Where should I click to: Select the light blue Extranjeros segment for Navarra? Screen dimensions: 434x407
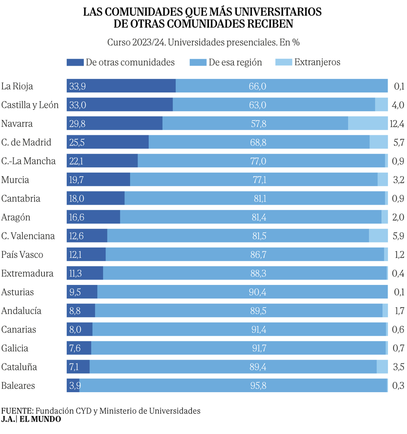[x=368, y=124]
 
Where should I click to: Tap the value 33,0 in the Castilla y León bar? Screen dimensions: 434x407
[x=78, y=105]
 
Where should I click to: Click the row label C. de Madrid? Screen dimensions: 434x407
[x=26, y=142]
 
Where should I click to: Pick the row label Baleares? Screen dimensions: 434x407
[x=18, y=386]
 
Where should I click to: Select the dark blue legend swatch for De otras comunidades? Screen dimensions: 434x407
[x=74, y=62]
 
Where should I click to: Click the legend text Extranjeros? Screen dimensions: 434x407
[x=317, y=62]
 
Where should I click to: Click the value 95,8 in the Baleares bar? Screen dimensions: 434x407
[x=258, y=386]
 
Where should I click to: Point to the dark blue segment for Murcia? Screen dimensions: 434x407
[x=98, y=180]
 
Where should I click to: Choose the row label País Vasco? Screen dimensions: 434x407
[x=22, y=255]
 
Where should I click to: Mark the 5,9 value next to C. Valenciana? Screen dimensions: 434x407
[x=399, y=236]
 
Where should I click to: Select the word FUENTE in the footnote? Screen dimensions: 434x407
[x=17, y=411]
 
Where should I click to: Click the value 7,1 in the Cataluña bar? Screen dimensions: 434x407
[x=74, y=367]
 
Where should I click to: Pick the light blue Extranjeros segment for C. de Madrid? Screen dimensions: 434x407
[x=379, y=142]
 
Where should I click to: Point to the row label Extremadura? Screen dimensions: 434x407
[x=28, y=273]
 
